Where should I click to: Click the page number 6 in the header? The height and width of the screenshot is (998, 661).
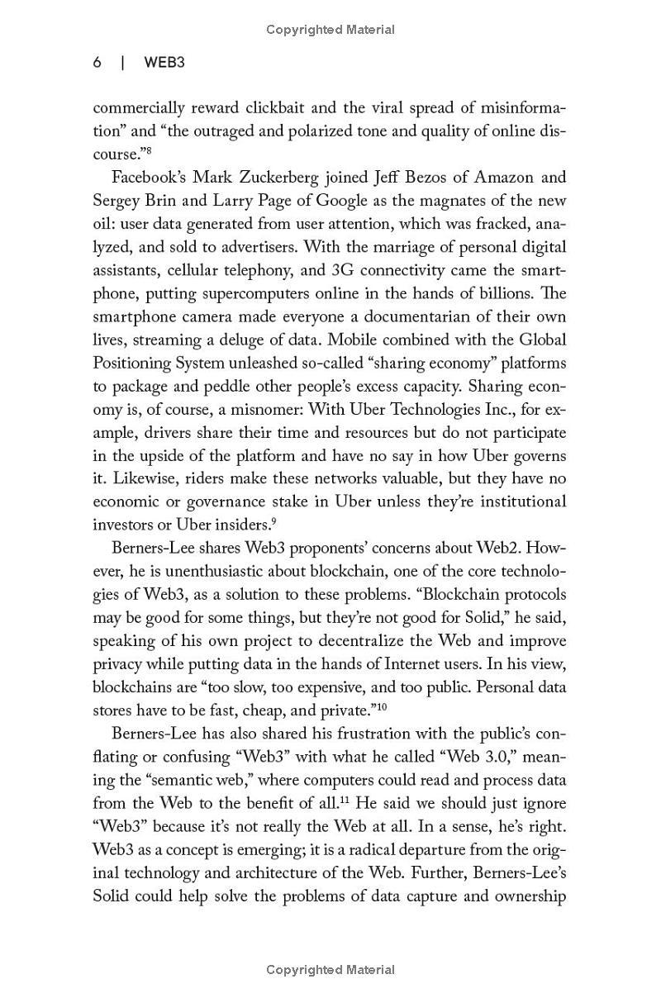(97, 63)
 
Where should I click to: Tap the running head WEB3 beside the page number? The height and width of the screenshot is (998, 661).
(164, 63)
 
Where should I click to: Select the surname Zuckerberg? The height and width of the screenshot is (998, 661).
(275, 177)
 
